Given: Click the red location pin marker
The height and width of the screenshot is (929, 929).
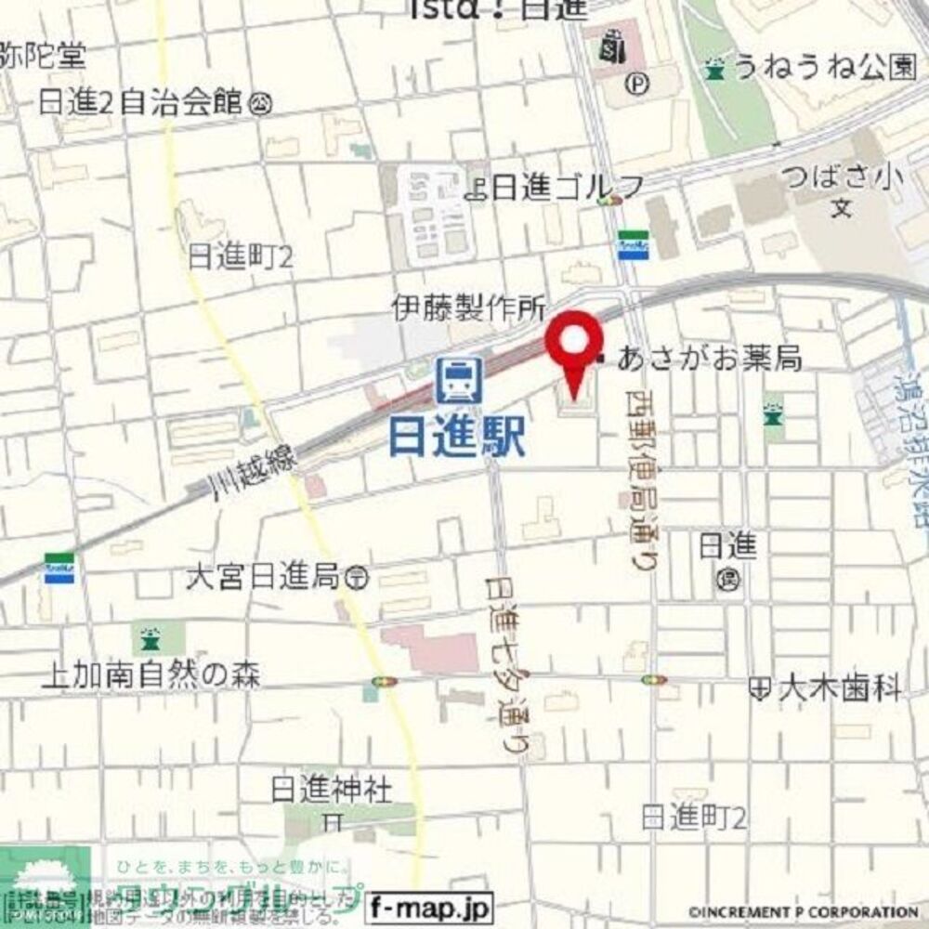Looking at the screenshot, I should [573, 344].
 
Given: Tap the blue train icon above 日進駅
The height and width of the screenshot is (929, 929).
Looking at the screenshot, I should [458, 381].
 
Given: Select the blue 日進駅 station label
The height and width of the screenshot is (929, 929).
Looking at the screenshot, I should [456, 436].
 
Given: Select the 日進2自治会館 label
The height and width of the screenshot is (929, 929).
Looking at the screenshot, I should [140, 103].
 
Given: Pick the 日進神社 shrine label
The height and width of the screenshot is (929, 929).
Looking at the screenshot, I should [332, 791].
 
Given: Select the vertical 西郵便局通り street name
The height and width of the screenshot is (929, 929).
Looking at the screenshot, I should [638, 483].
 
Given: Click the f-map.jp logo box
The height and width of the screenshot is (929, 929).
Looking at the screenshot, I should [428, 906].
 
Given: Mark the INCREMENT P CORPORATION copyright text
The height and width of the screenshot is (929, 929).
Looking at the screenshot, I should [805, 912].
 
